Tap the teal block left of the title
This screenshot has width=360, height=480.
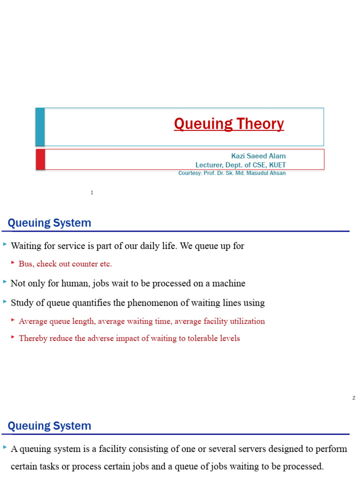[x=40, y=127]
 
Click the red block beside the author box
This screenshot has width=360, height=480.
[x=41, y=159]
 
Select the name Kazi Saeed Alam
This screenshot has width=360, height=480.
[x=258, y=156]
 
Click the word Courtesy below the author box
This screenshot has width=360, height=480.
[x=189, y=173]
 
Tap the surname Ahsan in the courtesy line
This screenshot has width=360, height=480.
[x=275, y=173]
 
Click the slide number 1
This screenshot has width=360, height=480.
[x=92, y=193]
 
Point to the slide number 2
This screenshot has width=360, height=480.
[x=353, y=398]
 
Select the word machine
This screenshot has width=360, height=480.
[x=230, y=284]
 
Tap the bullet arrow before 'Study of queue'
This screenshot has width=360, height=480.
[x=5, y=302]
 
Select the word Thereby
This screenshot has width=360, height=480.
[x=33, y=338]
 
